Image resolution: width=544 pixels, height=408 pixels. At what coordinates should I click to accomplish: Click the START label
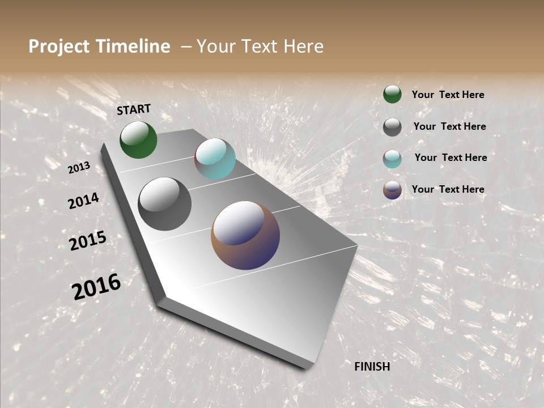pyautogui.click(x=134, y=109)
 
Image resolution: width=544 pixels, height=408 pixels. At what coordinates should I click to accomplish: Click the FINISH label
pyautogui.click(x=372, y=367)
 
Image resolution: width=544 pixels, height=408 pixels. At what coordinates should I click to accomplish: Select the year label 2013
pyautogui.click(x=79, y=168)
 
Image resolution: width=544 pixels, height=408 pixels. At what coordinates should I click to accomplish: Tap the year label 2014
pyautogui.click(x=83, y=201)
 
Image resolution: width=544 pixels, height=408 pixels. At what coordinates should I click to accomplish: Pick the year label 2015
pyautogui.click(x=88, y=241)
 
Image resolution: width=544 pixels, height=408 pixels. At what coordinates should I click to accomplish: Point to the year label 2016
pyautogui.click(x=96, y=287)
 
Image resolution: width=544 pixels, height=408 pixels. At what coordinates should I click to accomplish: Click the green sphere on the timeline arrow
pyautogui.click(x=138, y=140)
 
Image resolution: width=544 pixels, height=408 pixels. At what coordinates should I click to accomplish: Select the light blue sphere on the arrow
pyautogui.click(x=215, y=159)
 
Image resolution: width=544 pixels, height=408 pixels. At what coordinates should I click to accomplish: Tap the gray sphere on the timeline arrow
pyautogui.click(x=164, y=204)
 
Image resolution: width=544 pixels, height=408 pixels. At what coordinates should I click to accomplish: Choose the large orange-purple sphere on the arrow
pyautogui.click(x=245, y=235)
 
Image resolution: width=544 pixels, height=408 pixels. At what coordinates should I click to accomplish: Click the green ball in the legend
pyautogui.click(x=392, y=94)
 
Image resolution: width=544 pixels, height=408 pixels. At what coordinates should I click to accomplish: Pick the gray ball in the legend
pyautogui.click(x=392, y=127)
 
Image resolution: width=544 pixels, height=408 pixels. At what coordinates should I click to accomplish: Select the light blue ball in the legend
pyautogui.click(x=392, y=159)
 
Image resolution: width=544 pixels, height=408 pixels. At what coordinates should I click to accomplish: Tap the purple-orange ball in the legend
pyautogui.click(x=392, y=190)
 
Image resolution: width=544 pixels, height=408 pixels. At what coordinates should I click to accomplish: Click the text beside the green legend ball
pyautogui.click(x=448, y=95)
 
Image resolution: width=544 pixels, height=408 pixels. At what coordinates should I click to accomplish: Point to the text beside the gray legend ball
pyautogui.click(x=449, y=126)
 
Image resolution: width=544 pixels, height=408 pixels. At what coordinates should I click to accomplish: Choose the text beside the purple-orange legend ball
pyautogui.click(x=448, y=189)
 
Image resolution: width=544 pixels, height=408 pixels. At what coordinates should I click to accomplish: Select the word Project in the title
pyautogui.click(x=58, y=46)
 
